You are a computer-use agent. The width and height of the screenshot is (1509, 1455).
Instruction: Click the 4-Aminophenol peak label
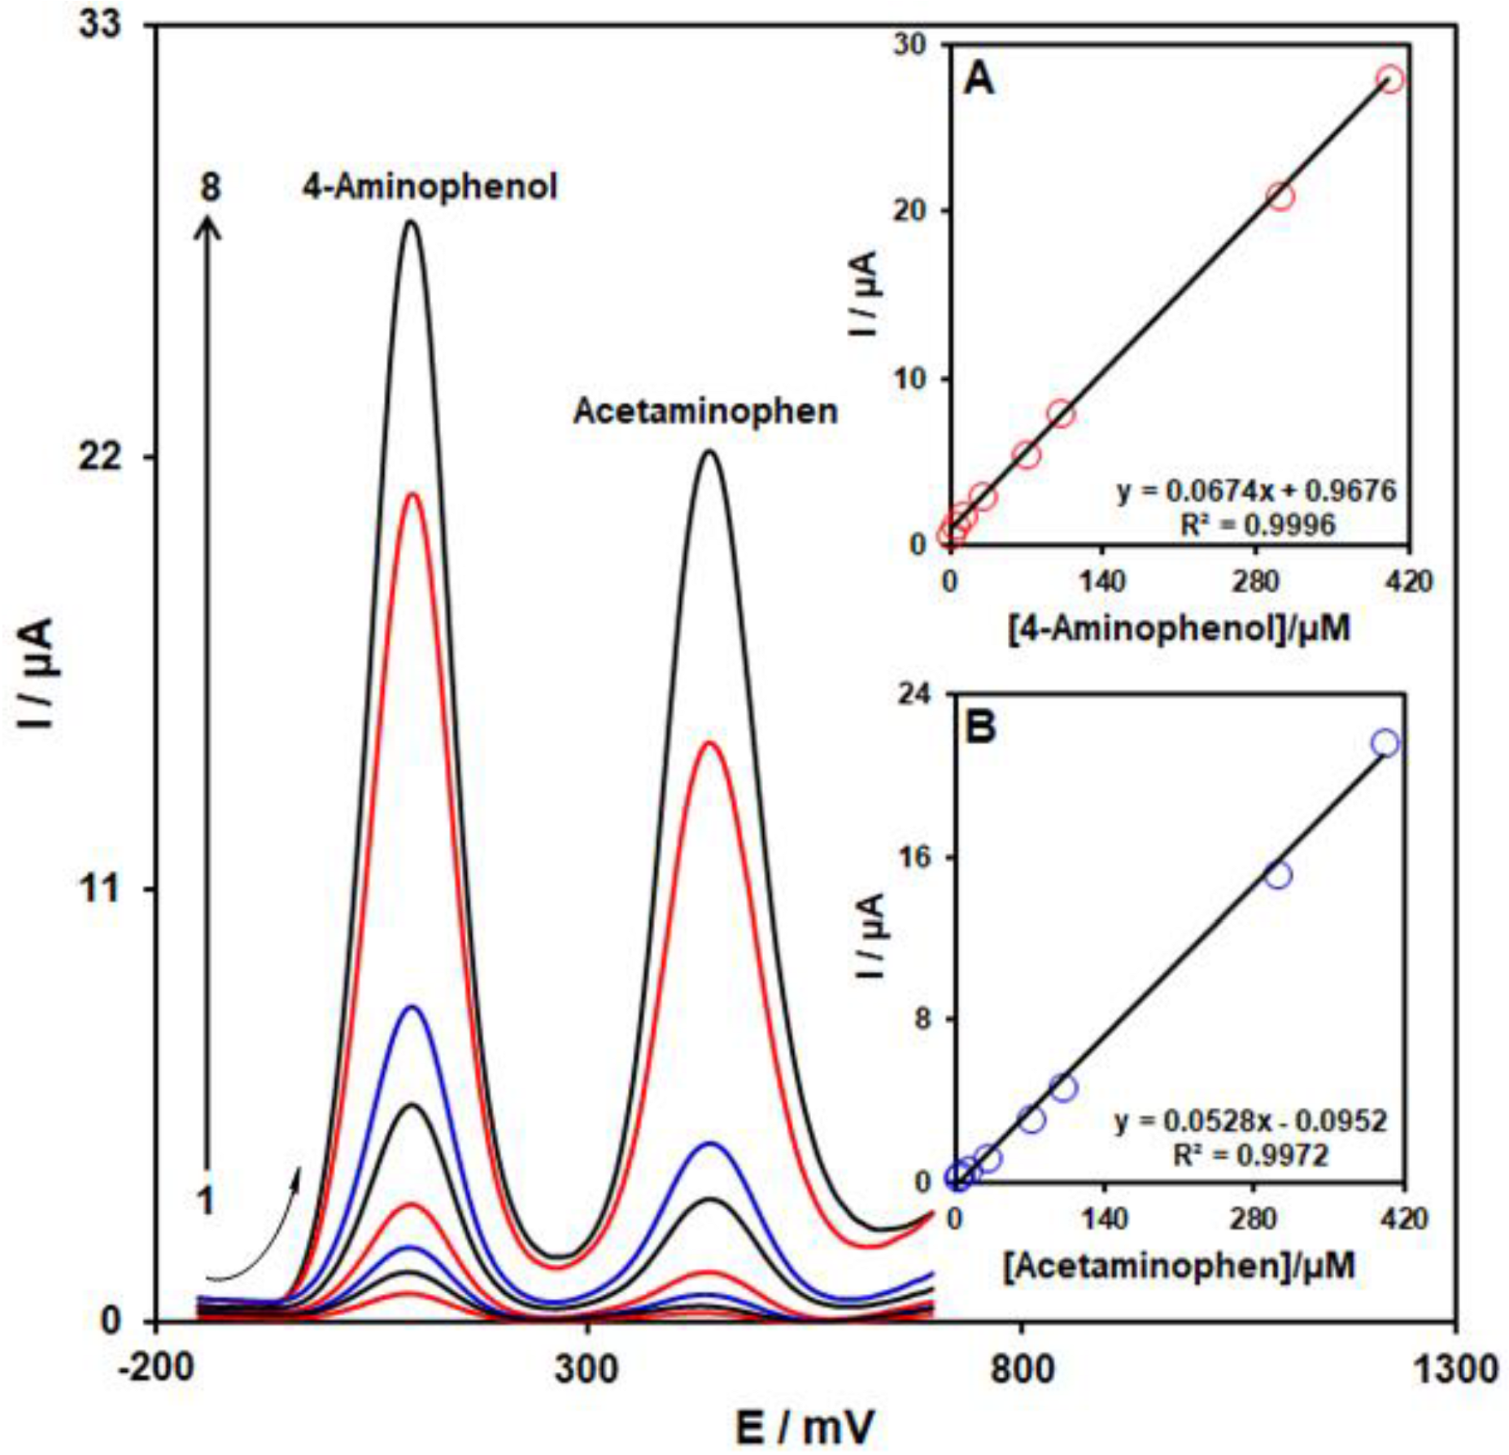click(x=430, y=187)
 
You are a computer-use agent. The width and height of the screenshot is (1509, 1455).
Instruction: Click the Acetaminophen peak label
click(x=705, y=411)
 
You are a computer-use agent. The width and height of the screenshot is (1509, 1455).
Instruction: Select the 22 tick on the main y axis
click(x=99, y=457)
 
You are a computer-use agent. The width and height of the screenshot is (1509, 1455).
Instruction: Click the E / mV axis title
click(x=805, y=1426)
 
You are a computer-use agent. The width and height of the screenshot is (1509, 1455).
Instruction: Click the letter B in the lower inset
click(x=979, y=726)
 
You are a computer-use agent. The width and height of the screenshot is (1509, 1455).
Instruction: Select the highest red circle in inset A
click(x=1390, y=80)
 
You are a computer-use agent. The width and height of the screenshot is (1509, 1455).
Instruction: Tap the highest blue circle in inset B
click(x=1385, y=743)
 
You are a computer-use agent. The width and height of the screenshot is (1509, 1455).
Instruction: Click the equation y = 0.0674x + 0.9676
click(x=1256, y=490)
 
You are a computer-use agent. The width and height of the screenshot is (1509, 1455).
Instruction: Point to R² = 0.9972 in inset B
click(x=1250, y=1154)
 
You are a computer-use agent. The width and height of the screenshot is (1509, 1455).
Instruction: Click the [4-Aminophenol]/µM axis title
click(x=1179, y=629)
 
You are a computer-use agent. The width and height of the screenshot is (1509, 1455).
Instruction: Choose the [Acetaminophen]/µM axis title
click(x=1179, y=1266)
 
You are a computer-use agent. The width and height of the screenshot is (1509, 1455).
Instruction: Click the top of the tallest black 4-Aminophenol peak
click(x=412, y=222)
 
